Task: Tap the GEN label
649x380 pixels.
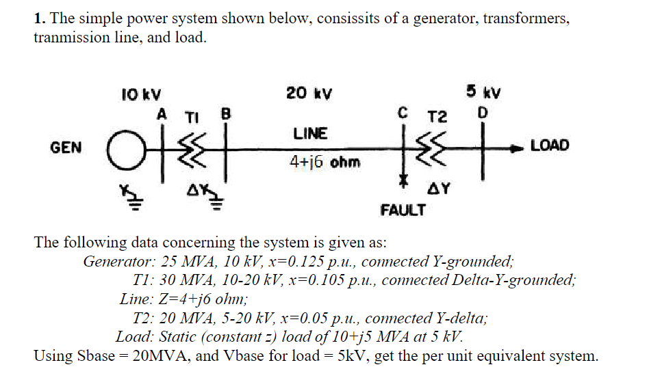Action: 66,147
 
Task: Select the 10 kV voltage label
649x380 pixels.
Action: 138,95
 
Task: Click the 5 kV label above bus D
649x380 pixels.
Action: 483,92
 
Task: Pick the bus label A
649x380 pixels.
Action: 162,113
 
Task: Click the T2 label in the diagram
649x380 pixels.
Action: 437,116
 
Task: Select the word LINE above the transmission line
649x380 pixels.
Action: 310,133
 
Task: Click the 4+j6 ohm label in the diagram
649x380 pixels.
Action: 326,163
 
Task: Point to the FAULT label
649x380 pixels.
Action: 403,210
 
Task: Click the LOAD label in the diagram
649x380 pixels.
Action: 549,146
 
